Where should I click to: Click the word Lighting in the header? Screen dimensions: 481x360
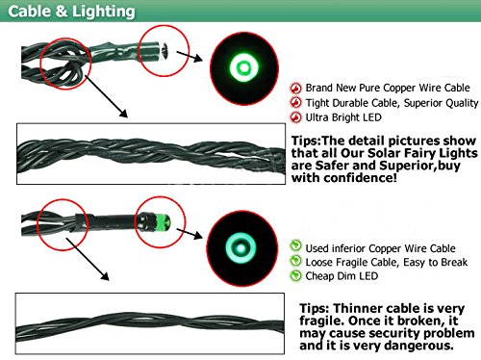103,13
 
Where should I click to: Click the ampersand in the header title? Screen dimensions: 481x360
62,12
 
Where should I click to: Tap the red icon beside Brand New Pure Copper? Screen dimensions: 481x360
295,88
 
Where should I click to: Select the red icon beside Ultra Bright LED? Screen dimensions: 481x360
295,117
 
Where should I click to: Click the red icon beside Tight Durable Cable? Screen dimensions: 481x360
295,103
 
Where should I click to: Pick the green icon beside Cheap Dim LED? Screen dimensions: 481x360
295,275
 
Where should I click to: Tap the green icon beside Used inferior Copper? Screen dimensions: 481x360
295,246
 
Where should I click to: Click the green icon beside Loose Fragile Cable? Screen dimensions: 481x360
295,261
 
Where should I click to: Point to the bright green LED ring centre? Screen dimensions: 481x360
244,67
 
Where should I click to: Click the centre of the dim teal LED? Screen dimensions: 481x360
240,248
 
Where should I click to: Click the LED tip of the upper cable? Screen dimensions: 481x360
165,51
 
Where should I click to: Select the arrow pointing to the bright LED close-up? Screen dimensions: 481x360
190,56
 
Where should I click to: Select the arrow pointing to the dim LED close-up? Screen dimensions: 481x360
190,233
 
